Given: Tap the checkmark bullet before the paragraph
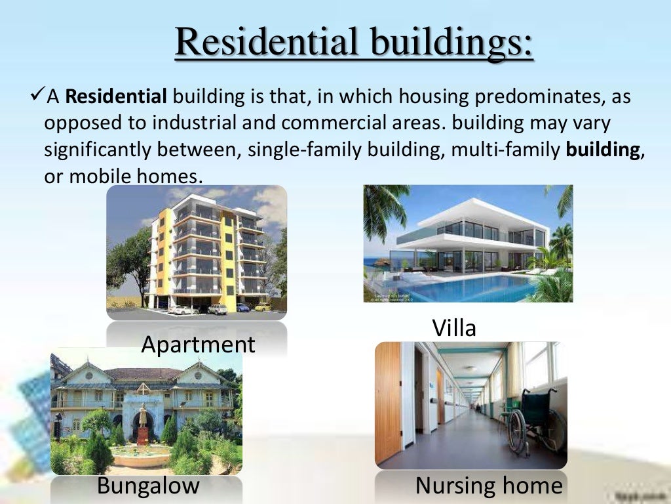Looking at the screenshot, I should tap(36, 97).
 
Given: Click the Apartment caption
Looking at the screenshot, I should tap(198, 344).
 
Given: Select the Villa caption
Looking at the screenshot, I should tap(454, 327).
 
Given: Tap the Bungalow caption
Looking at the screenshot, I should tap(148, 486).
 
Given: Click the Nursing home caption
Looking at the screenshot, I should tap(489, 486).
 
